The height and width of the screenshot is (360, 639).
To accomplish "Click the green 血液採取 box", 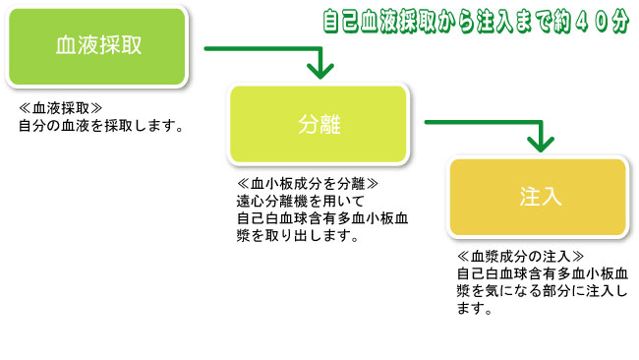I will (x=96, y=46).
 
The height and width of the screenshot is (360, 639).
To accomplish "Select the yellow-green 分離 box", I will (x=318, y=124).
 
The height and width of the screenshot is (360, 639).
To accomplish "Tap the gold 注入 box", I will (x=539, y=197).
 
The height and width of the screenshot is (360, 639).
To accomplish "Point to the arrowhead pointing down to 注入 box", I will (x=539, y=144).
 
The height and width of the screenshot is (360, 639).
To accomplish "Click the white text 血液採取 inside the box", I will (x=96, y=46).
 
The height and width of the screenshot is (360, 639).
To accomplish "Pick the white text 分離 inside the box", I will (x=318, y=124).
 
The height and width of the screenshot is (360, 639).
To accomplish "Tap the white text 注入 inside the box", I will (x=539, y=197).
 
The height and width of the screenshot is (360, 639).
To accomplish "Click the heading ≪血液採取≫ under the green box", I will (x=61, y=108).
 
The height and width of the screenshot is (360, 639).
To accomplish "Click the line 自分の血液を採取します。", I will (x=102, y=126).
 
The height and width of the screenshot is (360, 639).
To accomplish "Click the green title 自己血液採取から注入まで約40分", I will (x=476, y=20).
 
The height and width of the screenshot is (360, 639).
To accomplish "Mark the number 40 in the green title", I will (x=581, y=20).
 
